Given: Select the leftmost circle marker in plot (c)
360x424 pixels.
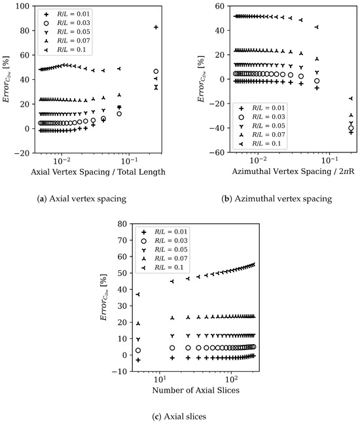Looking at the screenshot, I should pyautogui.click(x=138, y=351).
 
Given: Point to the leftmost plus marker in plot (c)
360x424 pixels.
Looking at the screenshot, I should pyautogui.click(x=138, y=360).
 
